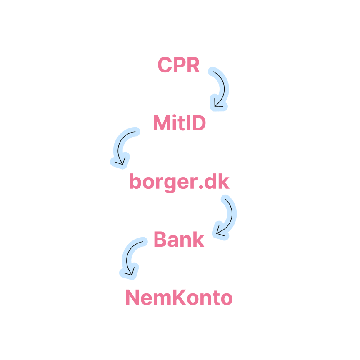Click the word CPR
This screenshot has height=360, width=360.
(x=179, y=65)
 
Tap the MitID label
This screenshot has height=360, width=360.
(x=179, y=123)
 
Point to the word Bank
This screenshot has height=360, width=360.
(x=179, y=240)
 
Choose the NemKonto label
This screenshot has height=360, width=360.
(x=179, y=298)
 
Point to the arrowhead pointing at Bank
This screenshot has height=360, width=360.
(x=218, y=231)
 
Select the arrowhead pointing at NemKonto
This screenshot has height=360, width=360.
(x=130, y=273)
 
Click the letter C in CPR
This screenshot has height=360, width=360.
(x=165, y=65)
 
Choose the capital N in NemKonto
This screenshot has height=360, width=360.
(x=133, y=298)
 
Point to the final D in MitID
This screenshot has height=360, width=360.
(x=199, y=123)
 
